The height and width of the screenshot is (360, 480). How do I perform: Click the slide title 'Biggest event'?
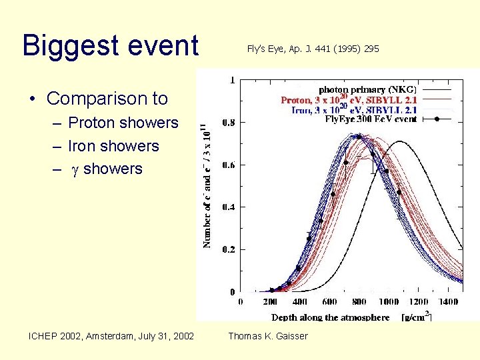point(111,46)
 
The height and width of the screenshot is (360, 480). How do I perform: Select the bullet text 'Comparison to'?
point(107,99)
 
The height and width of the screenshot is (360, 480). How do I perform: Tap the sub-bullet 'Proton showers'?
point(123,123)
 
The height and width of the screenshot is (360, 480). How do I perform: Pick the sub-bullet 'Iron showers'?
point(113,146)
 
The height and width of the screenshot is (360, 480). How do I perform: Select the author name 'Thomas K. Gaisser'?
point(268,336)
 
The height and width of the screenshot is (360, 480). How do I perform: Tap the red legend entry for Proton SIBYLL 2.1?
point(349,100)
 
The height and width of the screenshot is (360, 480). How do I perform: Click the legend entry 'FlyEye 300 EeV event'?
point(371,119)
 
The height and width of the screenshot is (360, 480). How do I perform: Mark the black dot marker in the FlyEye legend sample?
point(437,119)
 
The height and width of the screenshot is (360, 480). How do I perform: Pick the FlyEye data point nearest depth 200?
point(271,290)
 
